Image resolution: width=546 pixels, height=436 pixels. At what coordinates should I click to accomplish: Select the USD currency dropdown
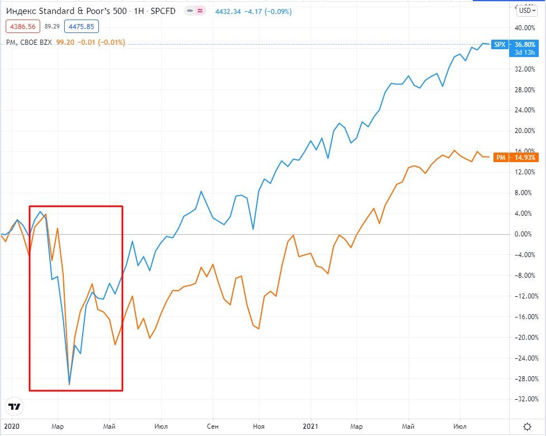pyautogui.click(x=526, y=10)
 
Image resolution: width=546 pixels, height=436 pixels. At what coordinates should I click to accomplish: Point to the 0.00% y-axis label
pyautogui.click(x=525, y=234)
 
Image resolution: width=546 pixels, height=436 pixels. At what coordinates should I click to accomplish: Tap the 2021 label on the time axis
pyautogui.click(x=311, y=426)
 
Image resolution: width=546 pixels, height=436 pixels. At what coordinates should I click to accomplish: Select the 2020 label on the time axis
pyautogui.click(x=11, y=426)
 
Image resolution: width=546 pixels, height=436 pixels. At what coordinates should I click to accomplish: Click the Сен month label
pyautogui.click(x=213, y=426)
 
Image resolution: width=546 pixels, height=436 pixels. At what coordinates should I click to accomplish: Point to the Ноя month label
pyautogui.click(x=258, y=426)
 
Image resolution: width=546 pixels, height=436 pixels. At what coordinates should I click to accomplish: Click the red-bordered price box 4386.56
pyautogui.click(x=22, y=26)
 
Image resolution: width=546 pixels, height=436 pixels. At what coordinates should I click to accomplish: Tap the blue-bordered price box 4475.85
pyautogui.click(x=82, y=26)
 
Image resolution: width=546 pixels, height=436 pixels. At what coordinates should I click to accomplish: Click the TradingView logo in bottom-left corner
pyautogui.click(x=15, y=406)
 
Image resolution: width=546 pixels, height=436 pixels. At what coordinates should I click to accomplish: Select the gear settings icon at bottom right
pyautogui.click(x=528, y=426)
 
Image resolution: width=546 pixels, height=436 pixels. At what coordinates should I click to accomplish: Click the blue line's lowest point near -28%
pyautogui.click(x=69, y=384)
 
